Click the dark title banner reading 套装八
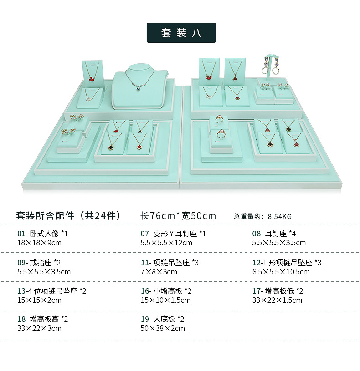(x=181, y=33)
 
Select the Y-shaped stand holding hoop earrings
(x=271, y=68)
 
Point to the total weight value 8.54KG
(x=280, y=217)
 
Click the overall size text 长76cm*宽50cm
(x=178, y=216)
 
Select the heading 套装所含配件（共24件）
(x=69, y=216)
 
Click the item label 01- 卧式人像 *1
(x=43, y=234)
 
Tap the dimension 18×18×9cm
(x=39, y=243)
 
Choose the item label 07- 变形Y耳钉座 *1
(x=173, y=234)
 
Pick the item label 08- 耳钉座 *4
(x=274, y=234)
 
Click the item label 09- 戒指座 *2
(x=39, y=263)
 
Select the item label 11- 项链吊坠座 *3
(x=170, y=263)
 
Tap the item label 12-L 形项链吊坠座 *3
(x=287, y=263)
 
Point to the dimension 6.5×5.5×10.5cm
(x=281, y=272)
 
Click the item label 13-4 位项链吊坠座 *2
(x=52, y=291)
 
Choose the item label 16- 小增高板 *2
(x=166, y=291)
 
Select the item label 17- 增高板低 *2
(x=278, y=291)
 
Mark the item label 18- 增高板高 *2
(x=43, y=319)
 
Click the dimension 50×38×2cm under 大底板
(x=163, y=328)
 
